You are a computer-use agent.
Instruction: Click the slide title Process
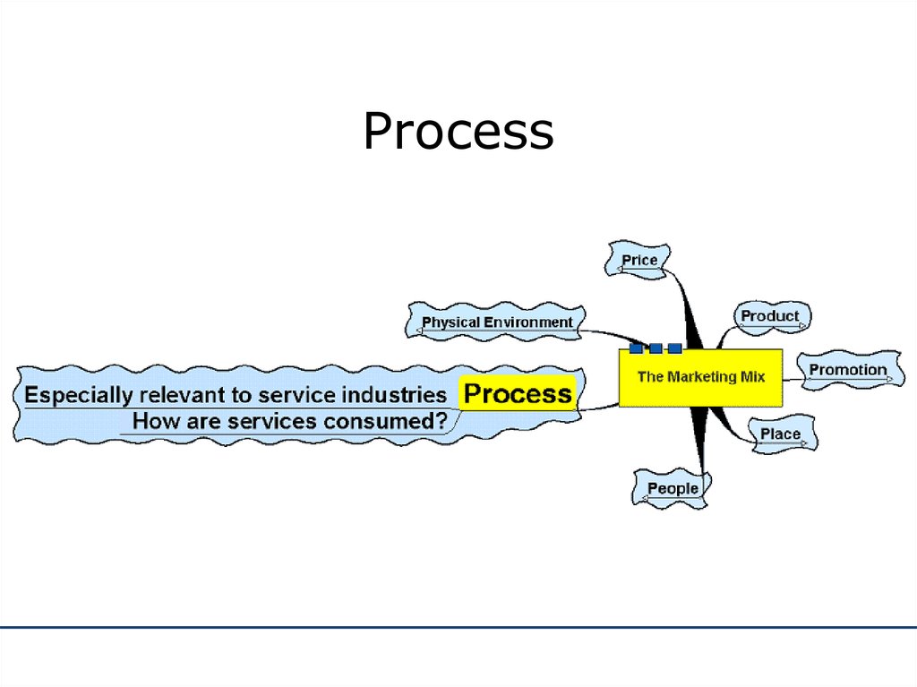pyautogui.click(x=458, y=131)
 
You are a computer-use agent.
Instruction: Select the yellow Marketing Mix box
pyautogui.click(x=700, y=377)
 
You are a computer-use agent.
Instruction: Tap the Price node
pyautogui.click(x=638, y=260)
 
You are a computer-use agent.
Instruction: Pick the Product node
pyautogui.click(x=772, y=317)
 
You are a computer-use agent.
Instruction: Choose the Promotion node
pyautogui.click(x=851, y=371)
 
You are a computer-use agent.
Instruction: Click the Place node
pyautogui.click(x=782, y=434)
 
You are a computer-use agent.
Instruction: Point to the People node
pyautogui.click(x=672, y=489)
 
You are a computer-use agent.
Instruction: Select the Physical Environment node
pyautogui.click(x=495, y=322)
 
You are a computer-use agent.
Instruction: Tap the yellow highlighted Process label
pyautogui.click(x=518, y=393)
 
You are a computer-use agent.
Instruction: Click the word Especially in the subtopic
pyautogui.click(x=79, y=396)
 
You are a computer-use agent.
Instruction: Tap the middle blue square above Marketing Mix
pyautogui.click(x=656, y=348)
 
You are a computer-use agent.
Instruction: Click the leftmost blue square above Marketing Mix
pyautogui.click(x=637, y=348)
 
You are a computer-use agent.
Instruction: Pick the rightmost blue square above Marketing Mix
pyautogui.click(x=675, y=348)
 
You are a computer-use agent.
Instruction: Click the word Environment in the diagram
pyautogui.click(x=528, y=322)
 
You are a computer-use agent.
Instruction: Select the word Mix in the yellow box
pyautogui.click(x=752, y=376)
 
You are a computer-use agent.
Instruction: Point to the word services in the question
pyautogui.click(x=272, y=421)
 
